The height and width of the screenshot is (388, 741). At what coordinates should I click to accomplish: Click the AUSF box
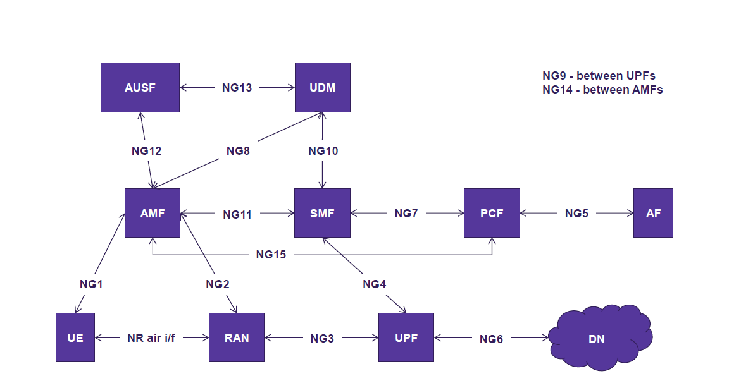click(x=140, y=87)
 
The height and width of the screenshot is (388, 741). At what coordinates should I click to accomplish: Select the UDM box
click(x=323, y=87)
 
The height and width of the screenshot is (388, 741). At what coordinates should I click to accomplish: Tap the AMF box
click(x=153, y=213)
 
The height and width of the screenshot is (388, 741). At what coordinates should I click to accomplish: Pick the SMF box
click(x=323, y=213)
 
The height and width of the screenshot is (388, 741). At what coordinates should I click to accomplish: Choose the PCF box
click(x=492, y=213)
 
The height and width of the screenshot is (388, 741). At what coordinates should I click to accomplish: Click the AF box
click(x=653, y=213)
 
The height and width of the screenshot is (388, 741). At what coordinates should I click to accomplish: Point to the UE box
click(x=75, y=337)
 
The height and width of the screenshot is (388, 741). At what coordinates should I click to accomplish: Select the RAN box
click(x=237, y=337)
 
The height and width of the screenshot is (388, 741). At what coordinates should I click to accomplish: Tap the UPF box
click(x=406, y=337)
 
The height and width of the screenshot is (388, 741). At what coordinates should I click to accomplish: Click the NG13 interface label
click(x=237, y=88)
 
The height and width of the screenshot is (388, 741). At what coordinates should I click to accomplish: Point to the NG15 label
click(x=271, y=255)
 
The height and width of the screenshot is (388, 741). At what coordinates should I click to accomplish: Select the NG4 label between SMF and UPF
click(x=374, y=284)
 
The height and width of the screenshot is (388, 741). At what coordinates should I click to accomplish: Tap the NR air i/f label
click(x=151, y=338)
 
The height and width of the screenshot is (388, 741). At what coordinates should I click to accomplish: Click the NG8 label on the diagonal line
click(x=239, y=151)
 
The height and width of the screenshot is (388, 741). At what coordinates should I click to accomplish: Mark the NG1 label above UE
click(x=91, y=284)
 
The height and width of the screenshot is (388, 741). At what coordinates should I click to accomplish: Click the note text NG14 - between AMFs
click(x=602, y=90)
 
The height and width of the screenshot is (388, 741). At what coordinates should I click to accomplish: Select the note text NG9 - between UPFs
click(x=599, y=76)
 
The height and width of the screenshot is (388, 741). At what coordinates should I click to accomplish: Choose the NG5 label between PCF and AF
click(x=576, y=214)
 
